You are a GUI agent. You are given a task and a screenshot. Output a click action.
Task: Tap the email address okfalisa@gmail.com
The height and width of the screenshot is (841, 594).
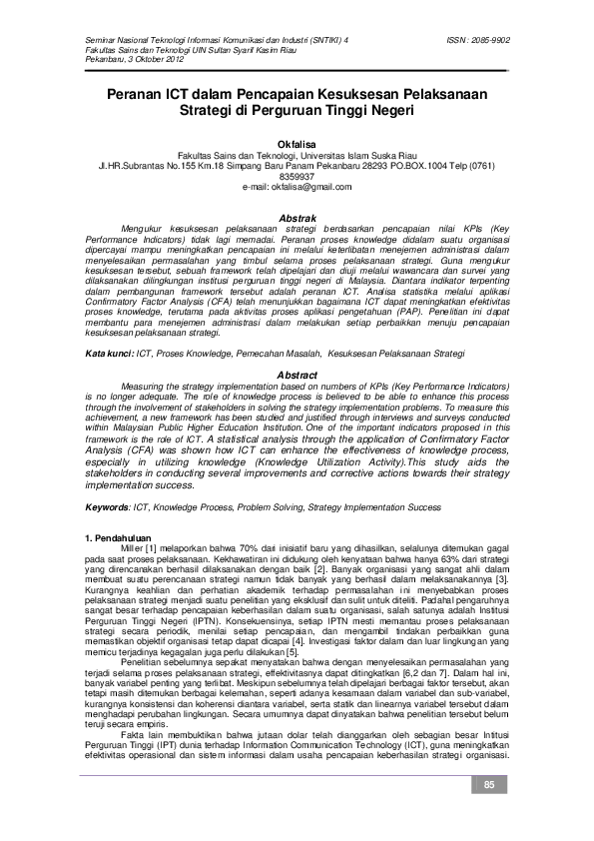pyautogui.click(x=297, y=187)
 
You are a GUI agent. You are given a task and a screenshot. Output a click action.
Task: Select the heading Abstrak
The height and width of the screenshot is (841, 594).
pyautogui.click(x=297, y=218)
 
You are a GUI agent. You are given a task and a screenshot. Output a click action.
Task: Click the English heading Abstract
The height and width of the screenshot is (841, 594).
pyautogui.click(x=297, y=375)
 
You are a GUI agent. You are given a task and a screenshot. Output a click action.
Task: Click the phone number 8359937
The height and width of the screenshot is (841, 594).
pyautogui.click(x=297, y=177)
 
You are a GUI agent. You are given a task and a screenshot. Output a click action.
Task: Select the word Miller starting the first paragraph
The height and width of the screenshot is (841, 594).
pyautogui.click(x=133, y=550)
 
